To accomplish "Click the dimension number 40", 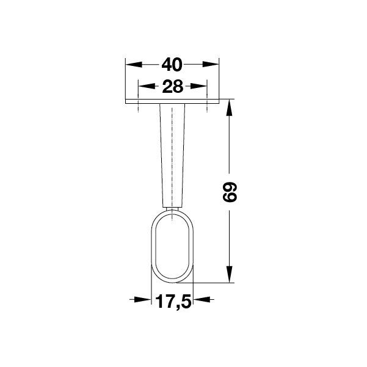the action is [x=172, y=65].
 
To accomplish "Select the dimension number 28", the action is [x=172, y=86].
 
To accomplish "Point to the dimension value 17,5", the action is [x=173, y=302].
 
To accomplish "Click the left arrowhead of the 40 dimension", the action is [x=134, y=64].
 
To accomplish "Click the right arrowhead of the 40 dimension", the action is [x=211, y=64].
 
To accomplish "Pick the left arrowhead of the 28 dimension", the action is [x=147, y=86].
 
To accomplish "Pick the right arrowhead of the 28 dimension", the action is [x=198, y=86].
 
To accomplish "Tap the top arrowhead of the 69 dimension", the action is [x=229, y=107].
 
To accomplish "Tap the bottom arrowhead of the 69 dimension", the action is [x=229, y=274].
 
